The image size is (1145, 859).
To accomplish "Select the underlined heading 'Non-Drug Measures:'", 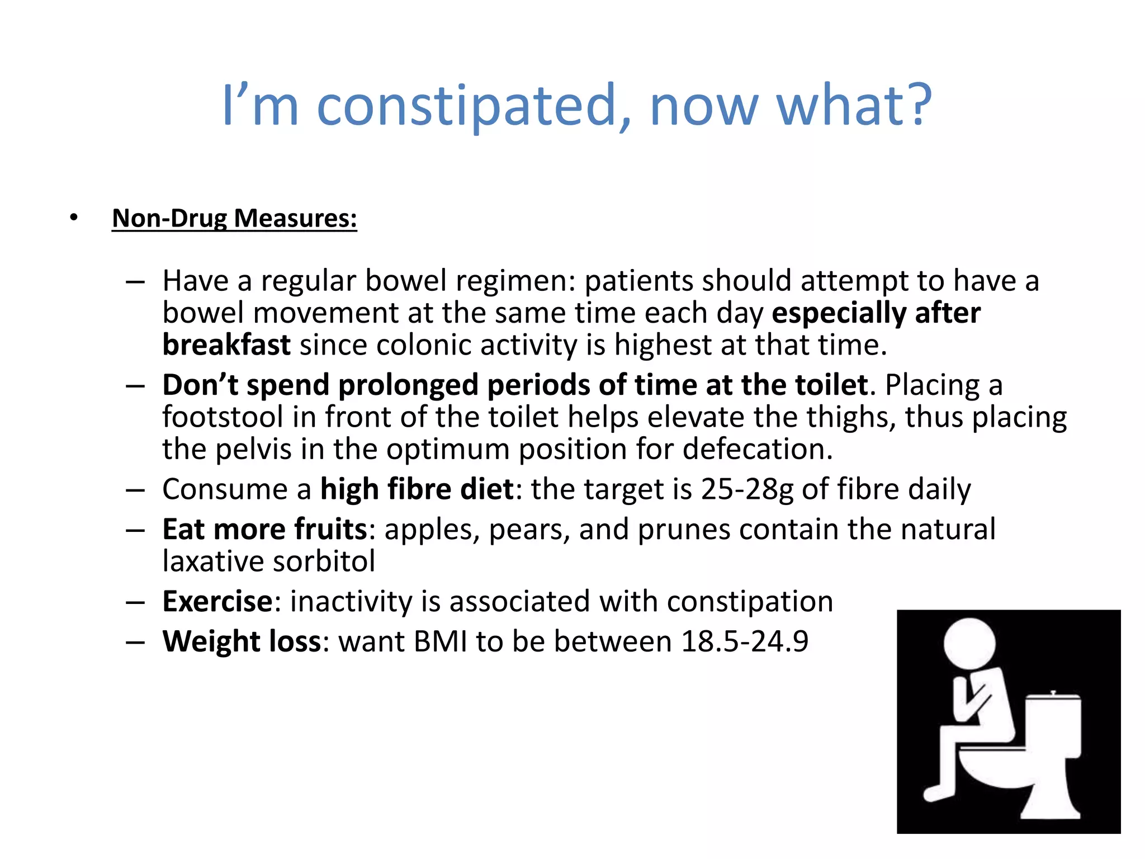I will point(234,218).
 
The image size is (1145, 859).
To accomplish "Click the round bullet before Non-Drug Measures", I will point(74,218).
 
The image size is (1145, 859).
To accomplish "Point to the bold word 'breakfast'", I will point(226,345).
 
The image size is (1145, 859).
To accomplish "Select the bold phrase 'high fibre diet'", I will point(417,489).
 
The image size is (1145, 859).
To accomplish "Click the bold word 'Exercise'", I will point(217,602).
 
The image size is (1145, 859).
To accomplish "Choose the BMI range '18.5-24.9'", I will point(745,641).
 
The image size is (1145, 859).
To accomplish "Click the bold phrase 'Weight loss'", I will point(242,641).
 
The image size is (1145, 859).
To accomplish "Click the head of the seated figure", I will point(969,643).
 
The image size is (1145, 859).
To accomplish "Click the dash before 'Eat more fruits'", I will point(135,530).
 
